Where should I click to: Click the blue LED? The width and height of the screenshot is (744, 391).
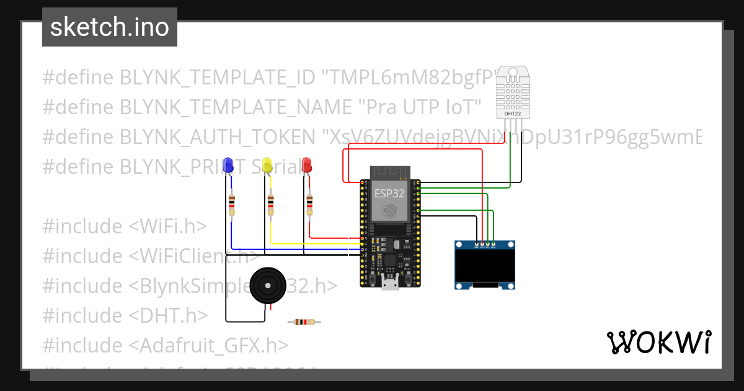(228, 164)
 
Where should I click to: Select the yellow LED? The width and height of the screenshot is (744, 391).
(267, 164)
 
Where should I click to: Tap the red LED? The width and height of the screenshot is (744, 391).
(307, 164)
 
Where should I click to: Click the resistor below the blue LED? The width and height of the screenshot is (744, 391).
(232, 205)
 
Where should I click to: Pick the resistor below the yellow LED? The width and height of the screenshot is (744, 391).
(270, 205)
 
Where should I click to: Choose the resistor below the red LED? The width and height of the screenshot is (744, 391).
(309, 205)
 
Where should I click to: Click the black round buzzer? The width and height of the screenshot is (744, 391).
(268, 286)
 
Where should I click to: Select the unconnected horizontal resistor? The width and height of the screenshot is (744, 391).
(304, 321)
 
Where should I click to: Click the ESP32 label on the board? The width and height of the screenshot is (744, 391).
(389, 193)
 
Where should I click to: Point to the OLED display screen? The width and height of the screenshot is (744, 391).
(485, 266)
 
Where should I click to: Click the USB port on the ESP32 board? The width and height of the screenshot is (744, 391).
(390, 284)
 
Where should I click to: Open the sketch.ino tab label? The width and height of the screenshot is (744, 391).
(110, 27)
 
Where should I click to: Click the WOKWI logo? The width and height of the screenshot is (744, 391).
(658, 342)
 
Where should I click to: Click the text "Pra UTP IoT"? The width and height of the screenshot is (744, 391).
(420, 107)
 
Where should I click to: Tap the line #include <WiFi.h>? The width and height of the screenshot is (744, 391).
(124, 227)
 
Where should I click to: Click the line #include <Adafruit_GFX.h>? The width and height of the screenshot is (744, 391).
(165, 345)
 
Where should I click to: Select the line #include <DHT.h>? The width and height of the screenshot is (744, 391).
(125, 315)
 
